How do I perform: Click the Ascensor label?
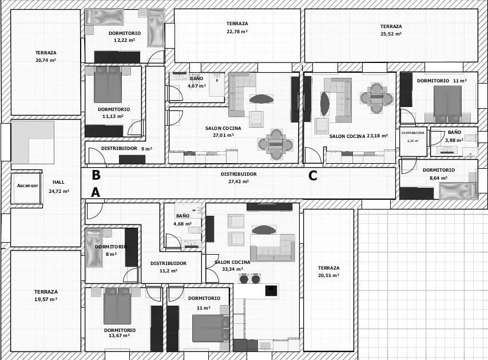27,185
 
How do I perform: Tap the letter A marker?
96,193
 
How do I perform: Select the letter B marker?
96,175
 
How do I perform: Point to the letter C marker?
313,176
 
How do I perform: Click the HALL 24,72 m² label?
58,187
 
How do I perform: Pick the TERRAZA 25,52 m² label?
391,30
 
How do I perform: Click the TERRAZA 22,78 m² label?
237,27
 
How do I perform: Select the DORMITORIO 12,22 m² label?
124,37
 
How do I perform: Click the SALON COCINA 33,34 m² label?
232,265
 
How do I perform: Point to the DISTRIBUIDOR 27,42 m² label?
239,177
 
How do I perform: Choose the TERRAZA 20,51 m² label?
328,271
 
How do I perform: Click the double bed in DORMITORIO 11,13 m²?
108,84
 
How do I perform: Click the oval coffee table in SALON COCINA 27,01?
261,99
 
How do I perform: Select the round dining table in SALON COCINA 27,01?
276,144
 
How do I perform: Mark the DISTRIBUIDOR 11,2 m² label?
168,267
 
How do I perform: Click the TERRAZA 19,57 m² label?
46,295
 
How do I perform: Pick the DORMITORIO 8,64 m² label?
439,174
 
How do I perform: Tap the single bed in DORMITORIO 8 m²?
93,248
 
